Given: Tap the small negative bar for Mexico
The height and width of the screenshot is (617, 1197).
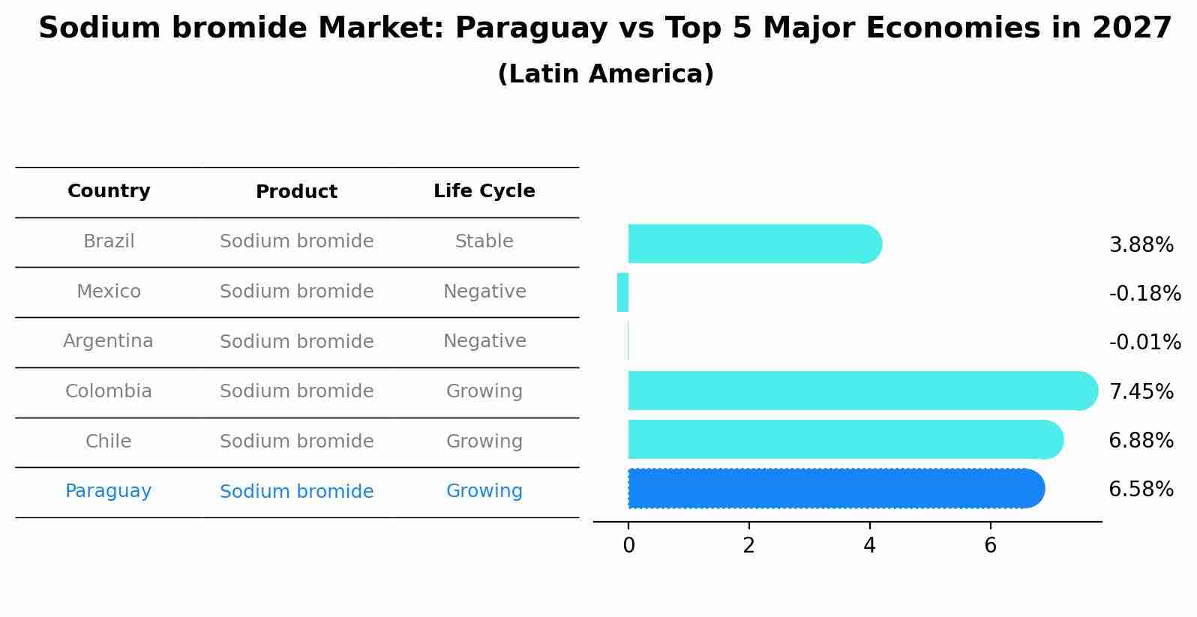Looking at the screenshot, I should point(622,292).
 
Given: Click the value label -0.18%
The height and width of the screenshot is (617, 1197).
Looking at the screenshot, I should point(1144,293).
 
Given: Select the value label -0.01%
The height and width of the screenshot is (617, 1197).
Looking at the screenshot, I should point(1144,342).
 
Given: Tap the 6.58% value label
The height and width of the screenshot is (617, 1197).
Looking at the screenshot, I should point(1141,489).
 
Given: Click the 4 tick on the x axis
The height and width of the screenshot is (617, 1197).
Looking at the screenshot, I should point(869,545).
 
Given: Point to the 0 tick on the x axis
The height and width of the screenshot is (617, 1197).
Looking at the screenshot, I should point(628,545).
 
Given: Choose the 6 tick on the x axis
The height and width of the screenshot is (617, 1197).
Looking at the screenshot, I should point(990,545).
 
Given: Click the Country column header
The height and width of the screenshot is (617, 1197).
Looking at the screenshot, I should point(109,191).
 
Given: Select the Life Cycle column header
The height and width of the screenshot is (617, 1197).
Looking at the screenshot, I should point(484,191).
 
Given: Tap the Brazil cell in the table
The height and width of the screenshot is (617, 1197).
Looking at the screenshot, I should point(109,241).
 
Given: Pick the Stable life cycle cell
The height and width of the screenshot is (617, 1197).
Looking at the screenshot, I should point(484,241).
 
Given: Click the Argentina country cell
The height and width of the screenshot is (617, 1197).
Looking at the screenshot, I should point(109,341).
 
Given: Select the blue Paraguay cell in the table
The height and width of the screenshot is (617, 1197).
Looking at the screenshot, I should point(109,491).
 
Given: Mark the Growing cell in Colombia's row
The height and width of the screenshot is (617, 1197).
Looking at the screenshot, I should point(484,391).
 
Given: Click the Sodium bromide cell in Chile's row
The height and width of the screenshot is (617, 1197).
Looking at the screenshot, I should point(296,442).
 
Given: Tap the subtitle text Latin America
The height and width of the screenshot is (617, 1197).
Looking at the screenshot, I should point(605,74).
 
